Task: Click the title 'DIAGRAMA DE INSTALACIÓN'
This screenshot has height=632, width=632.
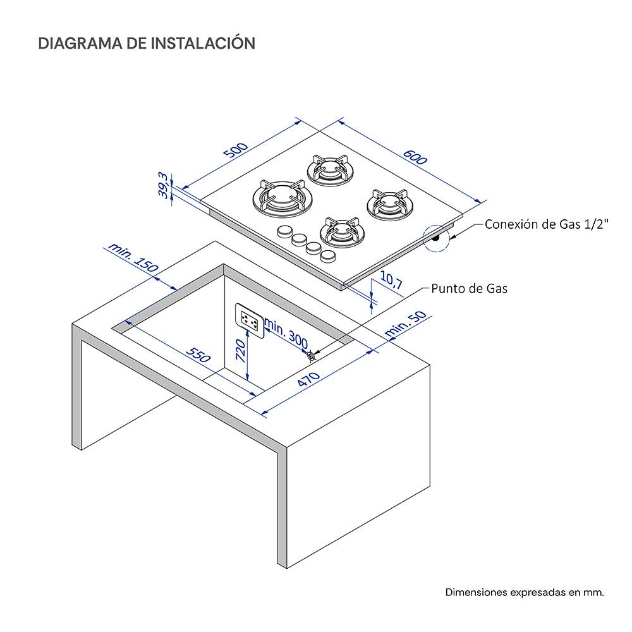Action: point(147,43)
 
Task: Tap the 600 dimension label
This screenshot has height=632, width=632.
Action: point(415,157)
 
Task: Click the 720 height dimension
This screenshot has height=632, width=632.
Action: point(240,349)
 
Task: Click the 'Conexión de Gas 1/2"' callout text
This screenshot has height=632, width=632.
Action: point(547,224)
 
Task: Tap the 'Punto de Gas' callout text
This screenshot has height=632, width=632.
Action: point(469,289)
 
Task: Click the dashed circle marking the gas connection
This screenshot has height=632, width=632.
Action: point(437,238)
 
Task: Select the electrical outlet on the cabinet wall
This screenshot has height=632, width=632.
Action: point(249,319)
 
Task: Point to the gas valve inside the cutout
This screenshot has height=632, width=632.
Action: point(311,356)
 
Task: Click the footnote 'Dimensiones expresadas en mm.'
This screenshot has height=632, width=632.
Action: point(525,592)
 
